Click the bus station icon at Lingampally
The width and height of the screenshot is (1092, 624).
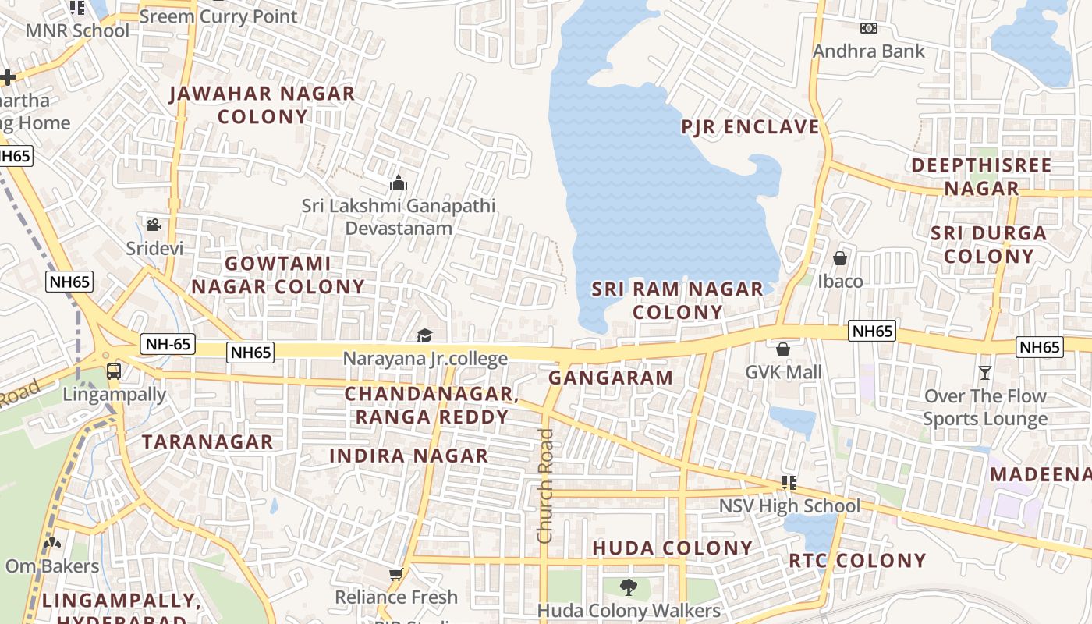(114, 370)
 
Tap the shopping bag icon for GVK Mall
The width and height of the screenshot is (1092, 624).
(783, 349)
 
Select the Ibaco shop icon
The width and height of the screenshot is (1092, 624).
(840, 257)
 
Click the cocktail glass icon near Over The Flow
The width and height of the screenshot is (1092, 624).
(985, 373)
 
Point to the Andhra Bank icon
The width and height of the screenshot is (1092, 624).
(868, 28)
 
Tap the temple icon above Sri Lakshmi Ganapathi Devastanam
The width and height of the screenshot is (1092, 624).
(399, 183)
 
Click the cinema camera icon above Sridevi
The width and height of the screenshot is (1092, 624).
(154, 225)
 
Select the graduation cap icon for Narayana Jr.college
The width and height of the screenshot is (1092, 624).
(424, 335)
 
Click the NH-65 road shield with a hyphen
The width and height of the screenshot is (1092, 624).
(167, 343)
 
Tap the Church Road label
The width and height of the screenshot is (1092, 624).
(544, 485)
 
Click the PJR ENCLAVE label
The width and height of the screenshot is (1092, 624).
(750, 126)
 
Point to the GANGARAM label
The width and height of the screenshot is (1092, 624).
(610, 378)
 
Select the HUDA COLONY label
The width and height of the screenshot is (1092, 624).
(672, 548)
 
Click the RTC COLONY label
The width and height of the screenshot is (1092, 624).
(856, 560)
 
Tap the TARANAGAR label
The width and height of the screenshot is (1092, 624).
(207, 441)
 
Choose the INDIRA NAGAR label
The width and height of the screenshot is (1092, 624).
(409, 456)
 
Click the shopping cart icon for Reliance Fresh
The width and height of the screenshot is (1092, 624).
(395, 575)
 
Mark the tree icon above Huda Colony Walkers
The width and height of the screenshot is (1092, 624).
(628, 587)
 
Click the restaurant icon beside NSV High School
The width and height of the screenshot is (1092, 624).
(789, 483)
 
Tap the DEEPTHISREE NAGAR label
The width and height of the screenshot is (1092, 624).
(981, 176)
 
